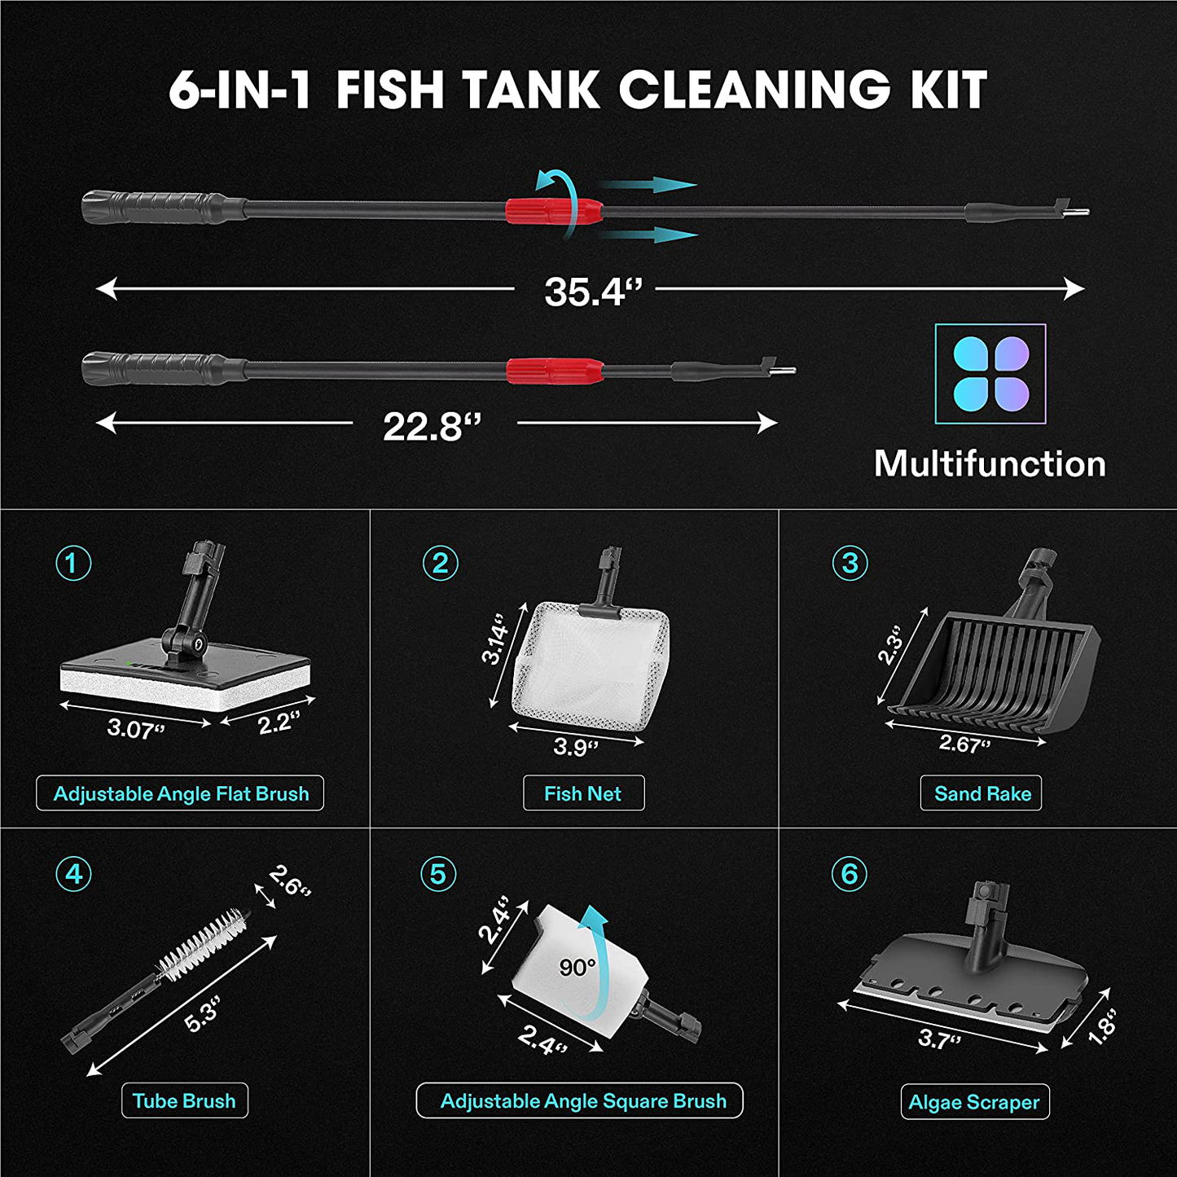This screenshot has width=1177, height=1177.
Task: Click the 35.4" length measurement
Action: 592,292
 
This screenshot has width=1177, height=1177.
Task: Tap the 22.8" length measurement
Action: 432,426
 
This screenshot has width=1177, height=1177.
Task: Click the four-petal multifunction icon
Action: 990,374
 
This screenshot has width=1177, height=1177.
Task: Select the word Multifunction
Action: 990,464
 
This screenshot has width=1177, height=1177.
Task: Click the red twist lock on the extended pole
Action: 554,211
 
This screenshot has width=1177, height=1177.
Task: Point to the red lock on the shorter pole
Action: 555,370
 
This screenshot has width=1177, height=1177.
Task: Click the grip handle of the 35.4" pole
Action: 155,207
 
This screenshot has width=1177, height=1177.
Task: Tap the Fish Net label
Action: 582,793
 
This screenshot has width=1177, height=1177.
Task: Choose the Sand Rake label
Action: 982,793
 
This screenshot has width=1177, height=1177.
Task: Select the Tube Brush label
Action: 184,1101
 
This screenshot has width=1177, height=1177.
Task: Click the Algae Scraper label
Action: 974,1102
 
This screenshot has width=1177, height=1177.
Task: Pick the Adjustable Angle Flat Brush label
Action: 180,793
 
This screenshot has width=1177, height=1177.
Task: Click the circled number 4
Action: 73,874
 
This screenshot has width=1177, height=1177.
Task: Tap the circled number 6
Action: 850,874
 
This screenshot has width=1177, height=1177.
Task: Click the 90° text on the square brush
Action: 578,967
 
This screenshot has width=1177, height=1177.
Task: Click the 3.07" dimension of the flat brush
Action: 135,728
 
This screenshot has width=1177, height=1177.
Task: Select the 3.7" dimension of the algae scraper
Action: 939,1039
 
